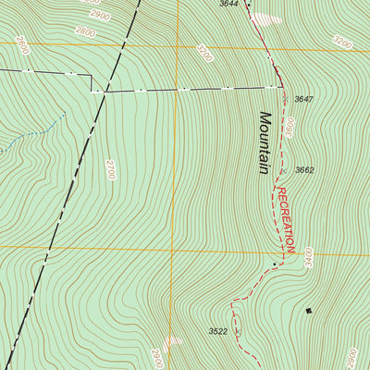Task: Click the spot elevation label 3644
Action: tap(228, 5)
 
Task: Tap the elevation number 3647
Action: tap(304, 99)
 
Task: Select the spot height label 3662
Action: tap(304, 170)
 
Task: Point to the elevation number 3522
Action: tap(218, 330)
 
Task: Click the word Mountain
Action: tap(265, 143)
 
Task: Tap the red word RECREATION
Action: tap(285, 218)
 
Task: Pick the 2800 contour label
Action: tap(85, 32)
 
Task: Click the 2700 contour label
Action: tap(110, 168)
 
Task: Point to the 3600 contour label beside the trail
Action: tap(289, 127)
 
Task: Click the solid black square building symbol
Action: tap(309, 311)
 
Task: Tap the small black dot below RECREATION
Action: tap(276, 265)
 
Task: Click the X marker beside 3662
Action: tap(282, 170)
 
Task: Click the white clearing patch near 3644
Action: tap(268, 18)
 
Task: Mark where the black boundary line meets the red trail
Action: tap(280, 87)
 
